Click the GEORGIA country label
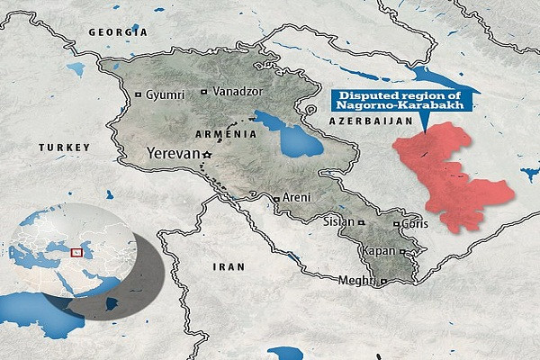[x=117, y=31]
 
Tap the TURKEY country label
[x=65, y=146]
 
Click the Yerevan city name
[x=172, y=154]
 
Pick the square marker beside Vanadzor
[x=206, y=92]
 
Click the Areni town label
[x=296, y=196]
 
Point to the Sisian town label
[x=338, y=220]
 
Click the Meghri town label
[x=356, y=282]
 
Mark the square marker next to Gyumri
[x=137, y=94]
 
